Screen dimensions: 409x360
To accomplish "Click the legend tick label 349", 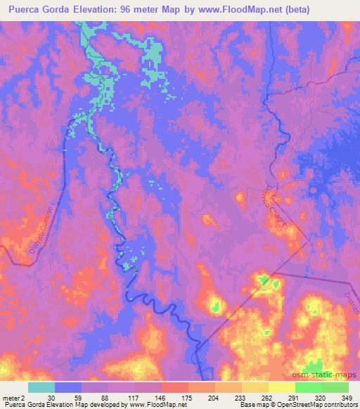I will (347, 398).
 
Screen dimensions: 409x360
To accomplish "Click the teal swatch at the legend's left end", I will (41, 387).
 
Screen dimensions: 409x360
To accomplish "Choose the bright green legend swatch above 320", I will (308, 387).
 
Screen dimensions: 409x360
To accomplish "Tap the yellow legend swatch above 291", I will (282, 387).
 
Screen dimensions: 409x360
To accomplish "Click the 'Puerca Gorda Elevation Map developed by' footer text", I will (53, 405).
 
